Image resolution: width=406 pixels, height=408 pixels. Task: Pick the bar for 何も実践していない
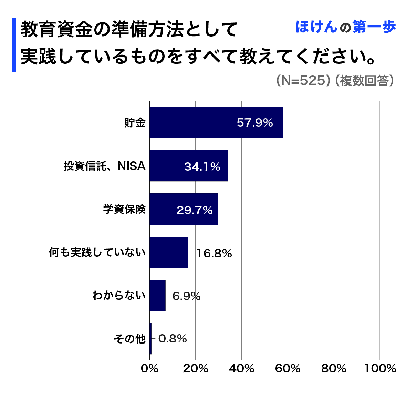tap(169, 252)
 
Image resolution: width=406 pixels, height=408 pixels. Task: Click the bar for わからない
tap(157, 295)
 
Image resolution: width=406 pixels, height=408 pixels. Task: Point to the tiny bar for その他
tap(150, 338)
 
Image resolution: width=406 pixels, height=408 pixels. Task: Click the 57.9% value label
tap(255, 123)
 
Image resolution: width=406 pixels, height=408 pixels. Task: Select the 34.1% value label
tap(202, 167)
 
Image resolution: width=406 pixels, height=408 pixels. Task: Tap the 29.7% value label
tap(195, 210)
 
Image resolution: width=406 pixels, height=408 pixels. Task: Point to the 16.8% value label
tap(214, 253)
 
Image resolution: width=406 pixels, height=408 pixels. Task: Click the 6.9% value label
tap(186, 296)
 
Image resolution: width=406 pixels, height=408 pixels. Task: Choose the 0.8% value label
tap(173, 339)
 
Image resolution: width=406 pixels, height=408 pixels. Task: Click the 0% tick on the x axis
tap(149, 368)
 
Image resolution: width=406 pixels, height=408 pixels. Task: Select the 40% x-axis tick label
tap(241, 368)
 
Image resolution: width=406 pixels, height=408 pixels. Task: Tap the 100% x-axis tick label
tap(380, 368)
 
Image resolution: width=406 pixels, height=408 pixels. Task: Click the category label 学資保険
tap(124, 209)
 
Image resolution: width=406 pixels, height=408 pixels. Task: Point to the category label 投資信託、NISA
tap(105, 166)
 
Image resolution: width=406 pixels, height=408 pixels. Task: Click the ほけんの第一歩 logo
tap(345, 27)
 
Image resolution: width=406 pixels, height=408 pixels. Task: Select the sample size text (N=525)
tap(301, 81)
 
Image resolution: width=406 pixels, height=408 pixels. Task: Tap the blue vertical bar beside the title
tap(14, 45)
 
